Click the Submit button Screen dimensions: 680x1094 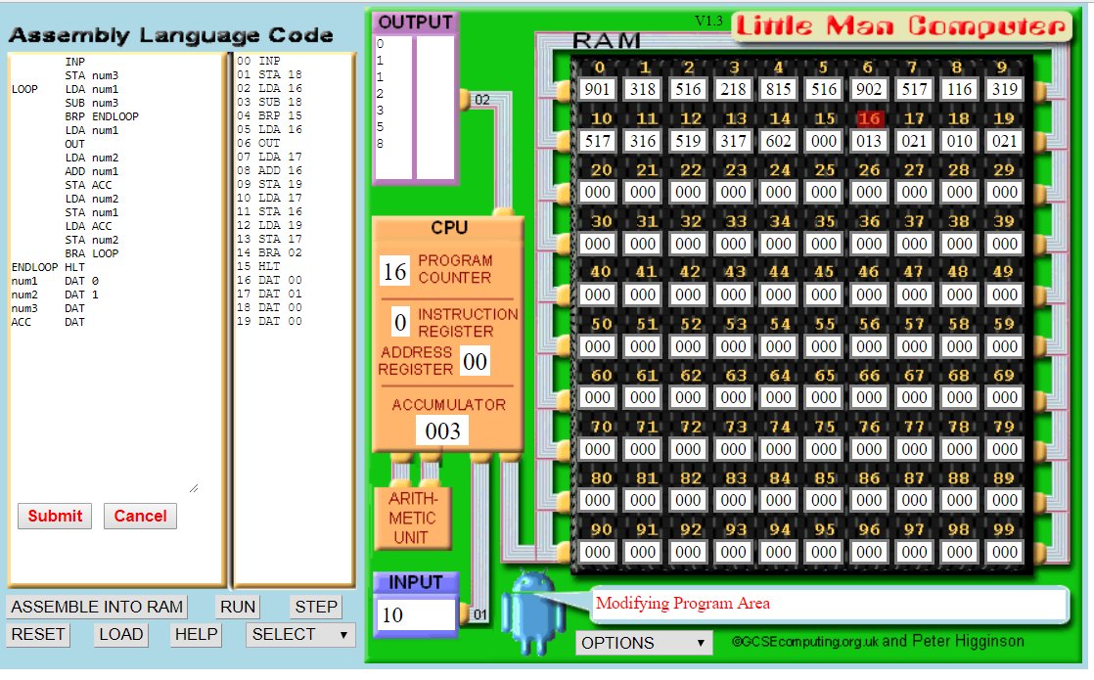55,516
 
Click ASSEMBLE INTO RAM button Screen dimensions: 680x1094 97,607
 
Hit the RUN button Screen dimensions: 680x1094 238,607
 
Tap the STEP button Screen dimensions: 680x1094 315,607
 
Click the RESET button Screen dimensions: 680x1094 38,634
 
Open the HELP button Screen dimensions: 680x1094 196,634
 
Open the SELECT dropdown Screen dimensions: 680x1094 299,634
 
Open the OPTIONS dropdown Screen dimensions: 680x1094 643,643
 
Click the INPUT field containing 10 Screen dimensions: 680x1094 415,614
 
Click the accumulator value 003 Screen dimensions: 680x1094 441,431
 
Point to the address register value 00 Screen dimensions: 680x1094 475,362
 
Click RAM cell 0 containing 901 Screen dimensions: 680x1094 597,89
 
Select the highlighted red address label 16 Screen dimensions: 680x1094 869,119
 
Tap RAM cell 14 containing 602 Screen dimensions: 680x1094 779,141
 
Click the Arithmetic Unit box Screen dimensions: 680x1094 412,517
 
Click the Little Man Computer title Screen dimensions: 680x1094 900,26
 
